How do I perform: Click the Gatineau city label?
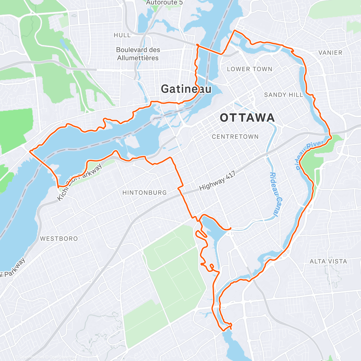click(x=186, y=89)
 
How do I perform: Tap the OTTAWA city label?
click(x=247, y=118)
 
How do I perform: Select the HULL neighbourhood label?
click(x=122, y=35)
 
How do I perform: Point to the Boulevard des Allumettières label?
click(x=138, y=54)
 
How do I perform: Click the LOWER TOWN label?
click(x=249, y=69)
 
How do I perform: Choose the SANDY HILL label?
click(x=283, y=95)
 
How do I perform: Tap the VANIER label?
click(x=330, y=53)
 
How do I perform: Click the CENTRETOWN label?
click(x=235, y=137)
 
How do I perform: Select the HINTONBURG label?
click(x=144, y=193)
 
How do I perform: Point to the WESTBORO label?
click(x=59, y=239)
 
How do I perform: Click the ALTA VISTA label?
click(x=328, y=261)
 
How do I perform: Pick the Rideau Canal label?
click(x=273, y=194)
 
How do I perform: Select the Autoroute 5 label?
click(x=164, y=3)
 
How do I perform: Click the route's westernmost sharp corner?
click(x=29, y=151)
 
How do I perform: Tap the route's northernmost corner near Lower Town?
click(x=235, y=31)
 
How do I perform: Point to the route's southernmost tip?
click(x=223, y=330)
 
